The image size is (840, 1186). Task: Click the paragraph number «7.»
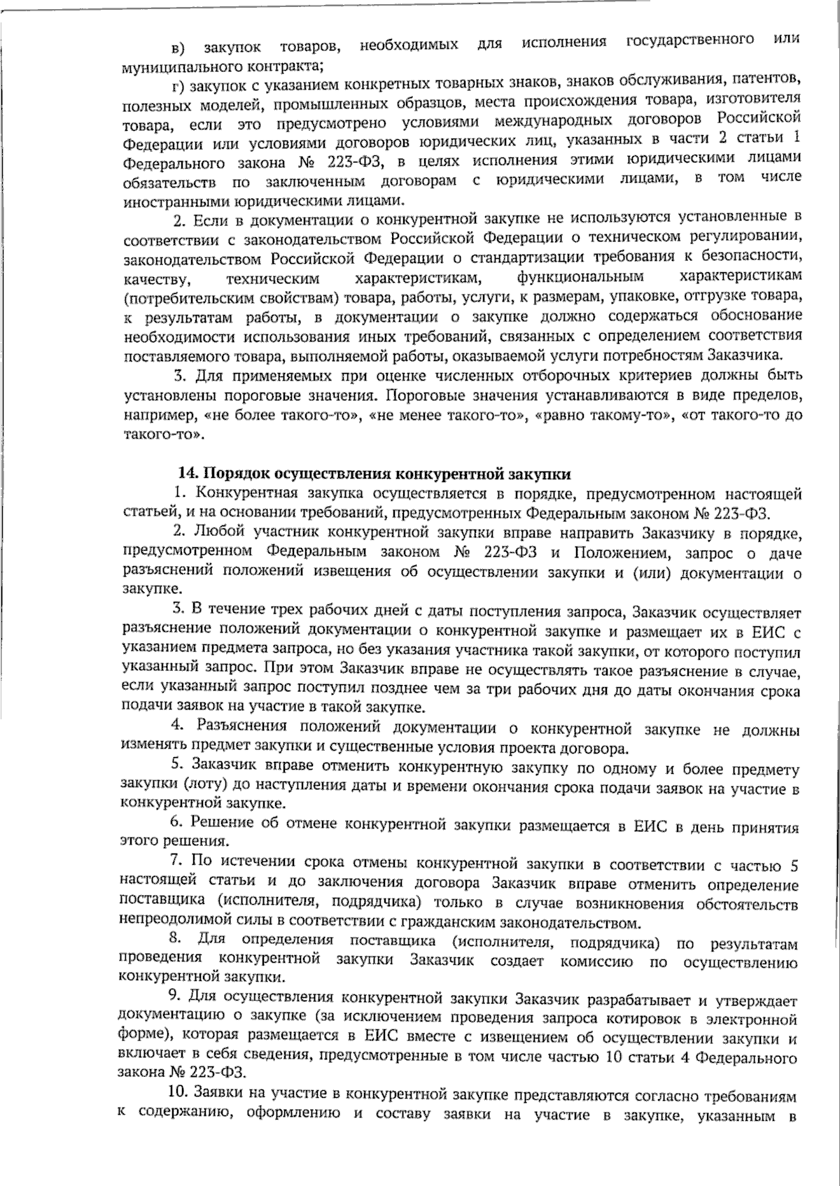pyautogui.click(x=176, y=865)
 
